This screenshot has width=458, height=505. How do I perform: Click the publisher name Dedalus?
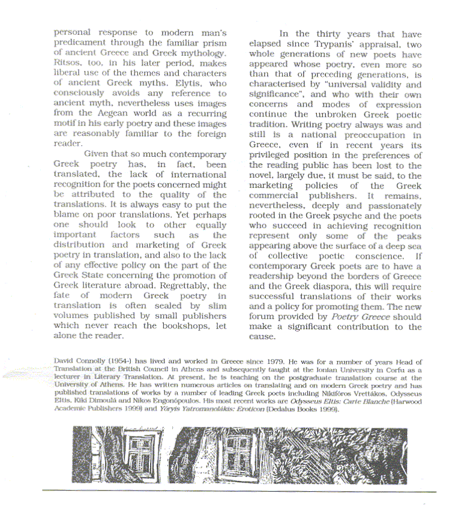(x=262, y=410)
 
